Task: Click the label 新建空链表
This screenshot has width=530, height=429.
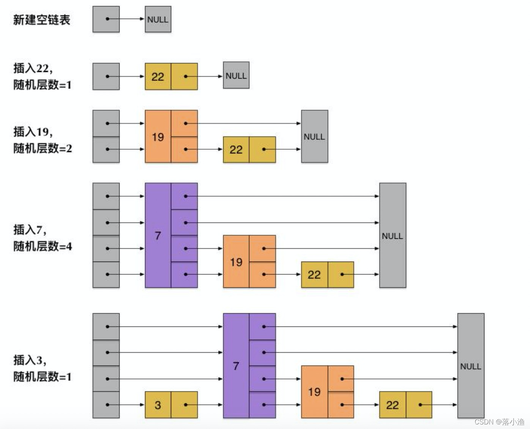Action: click(42, 20)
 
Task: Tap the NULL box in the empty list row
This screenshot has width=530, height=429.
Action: click(158, 19)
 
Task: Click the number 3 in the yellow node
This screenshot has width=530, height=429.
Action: click(158, 405)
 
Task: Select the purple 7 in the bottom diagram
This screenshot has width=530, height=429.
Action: click(236, 366)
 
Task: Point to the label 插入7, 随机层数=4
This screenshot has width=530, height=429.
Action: click(43, 238)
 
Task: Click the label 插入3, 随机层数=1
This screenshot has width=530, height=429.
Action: click(43, 368)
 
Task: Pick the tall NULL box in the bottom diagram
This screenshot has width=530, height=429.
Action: click(470, 366)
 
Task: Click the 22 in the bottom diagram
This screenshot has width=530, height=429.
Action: click(392, 405)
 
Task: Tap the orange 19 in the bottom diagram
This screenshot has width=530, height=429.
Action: click(314, 392)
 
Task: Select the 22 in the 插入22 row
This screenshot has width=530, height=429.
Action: click(158, 77)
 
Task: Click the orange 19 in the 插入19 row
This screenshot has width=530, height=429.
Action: click(158, 137)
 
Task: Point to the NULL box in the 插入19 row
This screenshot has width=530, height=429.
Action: click(314, 137)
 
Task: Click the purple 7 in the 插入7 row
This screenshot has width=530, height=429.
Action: click(158, 235)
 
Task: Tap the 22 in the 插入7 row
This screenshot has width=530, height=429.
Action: click(314, 274)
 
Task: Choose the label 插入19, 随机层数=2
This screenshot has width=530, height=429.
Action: click(43, 140)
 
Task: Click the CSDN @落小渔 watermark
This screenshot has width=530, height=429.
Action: click(499, 422)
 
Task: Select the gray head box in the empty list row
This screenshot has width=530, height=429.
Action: click(106, 19)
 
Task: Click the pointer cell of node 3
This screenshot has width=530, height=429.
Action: click(184, 405)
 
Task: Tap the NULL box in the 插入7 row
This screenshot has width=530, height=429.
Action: click(393, 235)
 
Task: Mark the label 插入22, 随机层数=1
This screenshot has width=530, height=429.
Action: click(43, 77)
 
